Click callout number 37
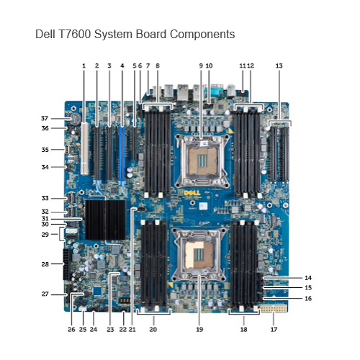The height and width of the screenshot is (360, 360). tap(45, 118)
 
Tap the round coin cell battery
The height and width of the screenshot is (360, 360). tap(76, 118)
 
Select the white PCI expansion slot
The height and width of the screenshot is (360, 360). tap(84, 148)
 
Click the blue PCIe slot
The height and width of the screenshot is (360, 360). tap(122, 153)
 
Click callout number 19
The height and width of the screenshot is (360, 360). tap(199, 329)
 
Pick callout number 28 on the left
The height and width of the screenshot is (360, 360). tap(45, 264)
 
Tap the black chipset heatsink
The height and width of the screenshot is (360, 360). tap(105, 220)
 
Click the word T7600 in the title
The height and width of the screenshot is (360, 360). tap(74, 34)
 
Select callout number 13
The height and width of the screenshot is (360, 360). tap(279, 66)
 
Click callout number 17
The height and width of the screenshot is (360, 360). tap(274, 329)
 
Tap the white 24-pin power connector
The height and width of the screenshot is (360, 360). tap(274, 308)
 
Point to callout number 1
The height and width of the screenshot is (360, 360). tap(84, 66)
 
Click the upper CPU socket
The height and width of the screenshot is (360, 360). tap(202, 161)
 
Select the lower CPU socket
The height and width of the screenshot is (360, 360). tap(199, 255)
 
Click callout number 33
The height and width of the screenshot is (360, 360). tap(45, 198)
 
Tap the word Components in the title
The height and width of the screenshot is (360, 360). tap(202, 34)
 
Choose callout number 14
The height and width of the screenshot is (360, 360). tap(308, 278)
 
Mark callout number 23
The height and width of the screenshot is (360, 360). tap(110, 329)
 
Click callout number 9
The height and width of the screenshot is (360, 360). tap(201, 66)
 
